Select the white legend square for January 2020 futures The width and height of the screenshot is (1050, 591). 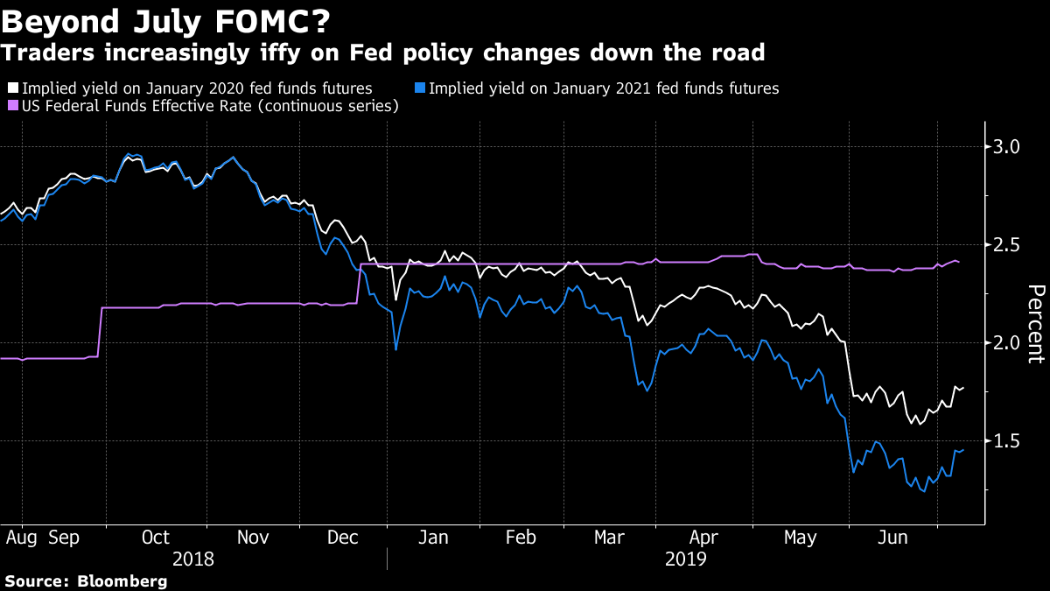coord(13,88)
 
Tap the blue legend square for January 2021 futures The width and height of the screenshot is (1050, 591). coord(420,88)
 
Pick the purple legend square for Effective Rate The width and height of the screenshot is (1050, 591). coord(13,106)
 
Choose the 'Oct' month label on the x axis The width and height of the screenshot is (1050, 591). coord(155,537)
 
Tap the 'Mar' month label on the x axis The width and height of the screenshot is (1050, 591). coord(610,537)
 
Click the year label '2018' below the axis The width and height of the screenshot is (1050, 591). coord(192,558)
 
